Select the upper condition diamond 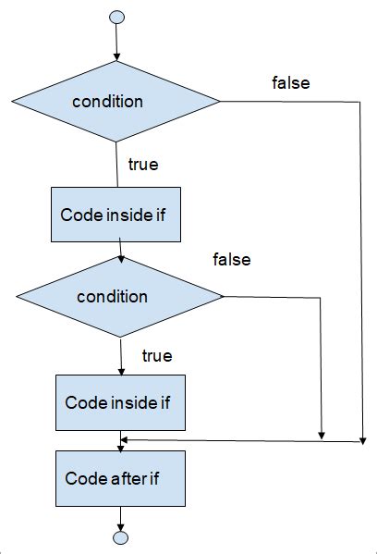coord(116,102)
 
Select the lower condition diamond coord(120,297)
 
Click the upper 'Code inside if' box coord(115,215)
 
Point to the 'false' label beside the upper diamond coord(290,83)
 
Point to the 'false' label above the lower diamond coord(231,260)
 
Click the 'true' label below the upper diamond coord(142,166)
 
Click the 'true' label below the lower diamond coord(156,355)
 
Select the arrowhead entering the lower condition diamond coord(121,258)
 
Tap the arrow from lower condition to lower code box coord(121,355)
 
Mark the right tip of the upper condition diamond coord(220,102)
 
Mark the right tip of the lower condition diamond coord(223,297)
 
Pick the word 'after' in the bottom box coord(123,478)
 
